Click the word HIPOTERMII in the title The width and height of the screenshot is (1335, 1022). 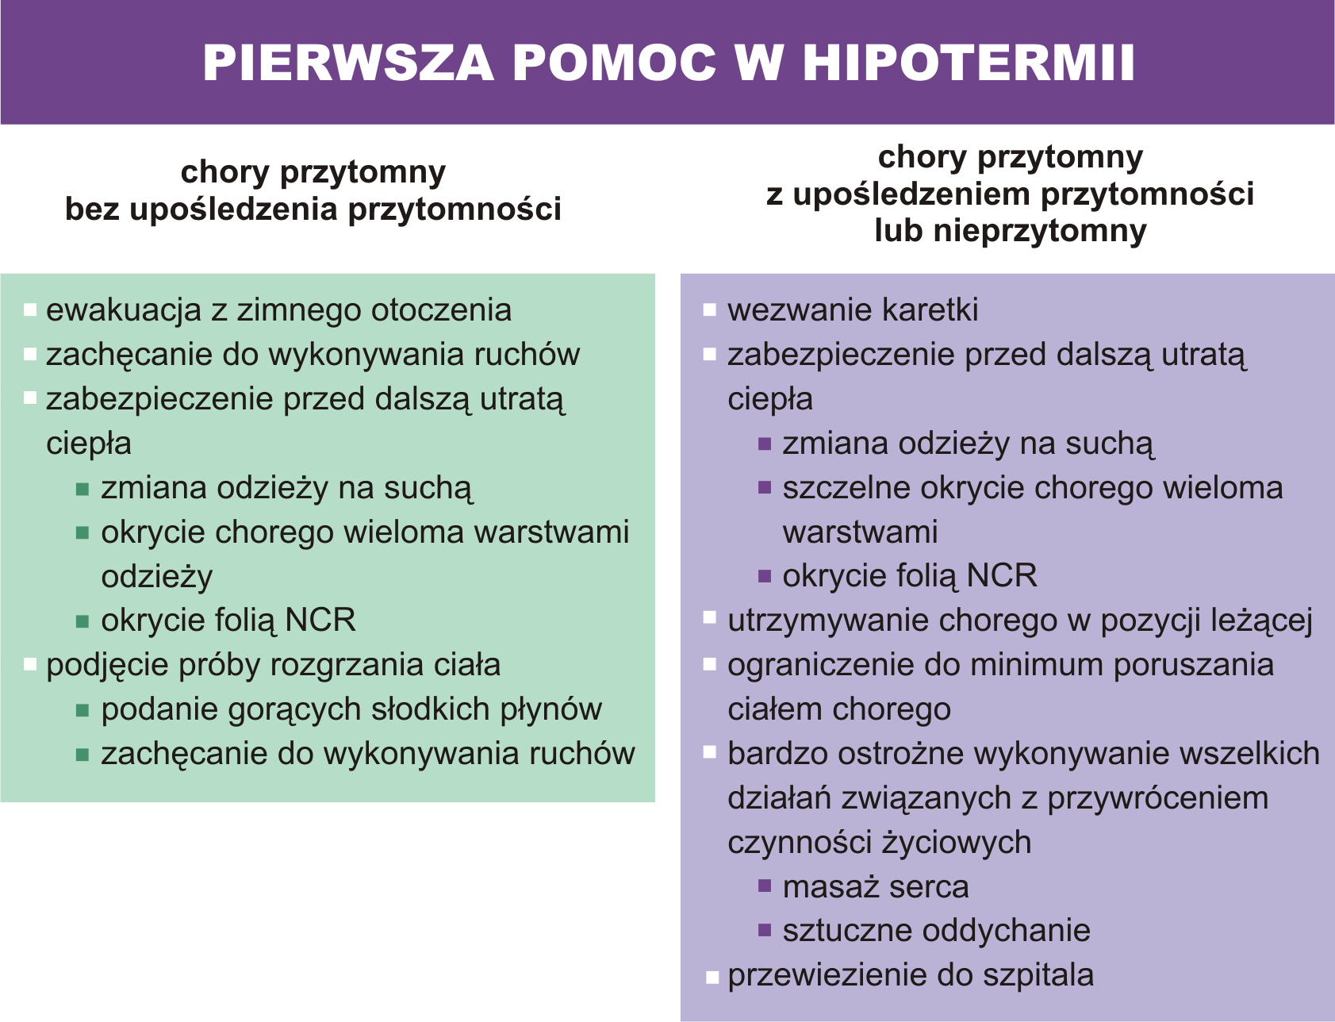(969, 63)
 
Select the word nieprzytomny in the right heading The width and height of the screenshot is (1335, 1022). (1039, 231)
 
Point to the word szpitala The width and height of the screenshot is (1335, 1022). (1038, 975)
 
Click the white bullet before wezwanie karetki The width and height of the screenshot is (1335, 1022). (710, 310)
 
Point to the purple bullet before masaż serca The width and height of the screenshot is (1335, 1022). (765, 886)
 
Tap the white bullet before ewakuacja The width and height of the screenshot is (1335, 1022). (30, 310)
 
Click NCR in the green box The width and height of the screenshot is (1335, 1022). (320, 620)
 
